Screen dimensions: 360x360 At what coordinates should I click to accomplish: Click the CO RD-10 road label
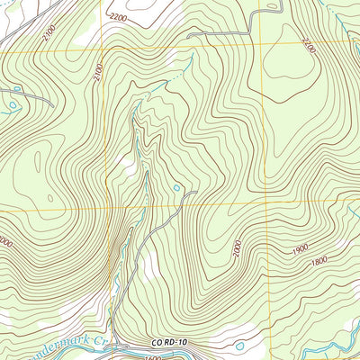(168, 342)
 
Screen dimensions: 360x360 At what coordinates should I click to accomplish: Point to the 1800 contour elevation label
(318, 262)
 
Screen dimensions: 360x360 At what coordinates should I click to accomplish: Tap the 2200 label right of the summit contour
(309, 44)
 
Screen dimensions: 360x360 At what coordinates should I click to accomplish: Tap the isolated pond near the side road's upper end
(177, 188)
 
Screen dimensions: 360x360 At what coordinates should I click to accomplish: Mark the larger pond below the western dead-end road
(13, 105)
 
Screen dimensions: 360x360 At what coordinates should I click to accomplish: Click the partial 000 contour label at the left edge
(5, 241)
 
